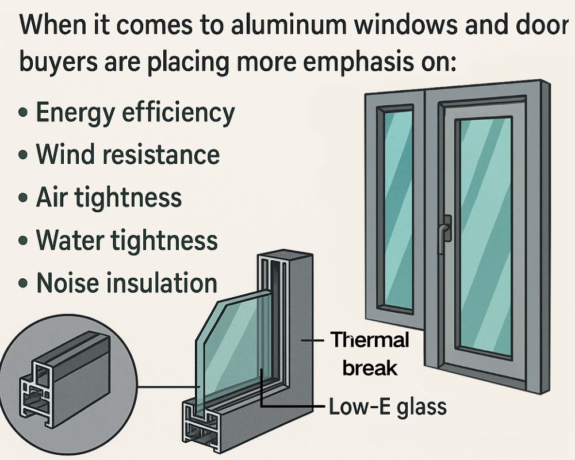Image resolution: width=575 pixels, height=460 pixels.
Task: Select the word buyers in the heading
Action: coord(58,62)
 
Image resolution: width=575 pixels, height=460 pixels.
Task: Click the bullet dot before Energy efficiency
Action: coord(24,113)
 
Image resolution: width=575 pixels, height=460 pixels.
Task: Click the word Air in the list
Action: coord(52,197)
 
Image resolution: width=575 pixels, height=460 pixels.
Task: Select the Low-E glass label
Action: coord(388,407)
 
